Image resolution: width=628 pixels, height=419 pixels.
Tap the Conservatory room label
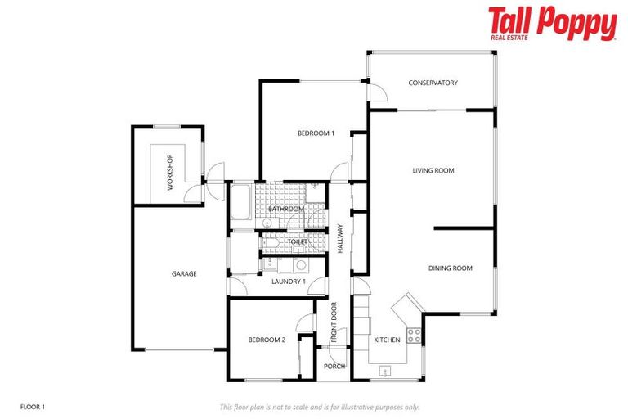(433, 83)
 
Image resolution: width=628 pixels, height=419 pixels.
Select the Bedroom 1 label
(316, 133)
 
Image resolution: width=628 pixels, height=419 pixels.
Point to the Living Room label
(433, 170)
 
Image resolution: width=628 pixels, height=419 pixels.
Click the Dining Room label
(451, 268)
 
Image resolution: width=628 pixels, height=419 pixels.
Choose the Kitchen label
(387, 340)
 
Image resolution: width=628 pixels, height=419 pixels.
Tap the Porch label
(334, 366)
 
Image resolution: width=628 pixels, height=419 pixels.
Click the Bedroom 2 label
(267, 340)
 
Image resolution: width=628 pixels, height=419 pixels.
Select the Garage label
(184, 273)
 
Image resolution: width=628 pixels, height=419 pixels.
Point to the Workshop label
(170, 173)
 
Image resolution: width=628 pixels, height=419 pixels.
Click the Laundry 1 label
(288, 282)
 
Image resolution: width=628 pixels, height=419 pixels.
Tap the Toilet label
(297, 242)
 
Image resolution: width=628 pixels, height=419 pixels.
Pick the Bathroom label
(286, 209)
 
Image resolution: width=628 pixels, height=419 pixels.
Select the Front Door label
(334, 322)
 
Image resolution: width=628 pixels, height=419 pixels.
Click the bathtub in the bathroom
(241, 202)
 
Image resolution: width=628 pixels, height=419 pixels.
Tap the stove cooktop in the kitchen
(414, 333)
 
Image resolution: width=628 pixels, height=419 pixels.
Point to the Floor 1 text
(32, 407)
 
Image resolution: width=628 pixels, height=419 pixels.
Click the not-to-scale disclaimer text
(319, 407)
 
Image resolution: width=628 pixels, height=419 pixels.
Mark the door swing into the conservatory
(377, 92)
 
